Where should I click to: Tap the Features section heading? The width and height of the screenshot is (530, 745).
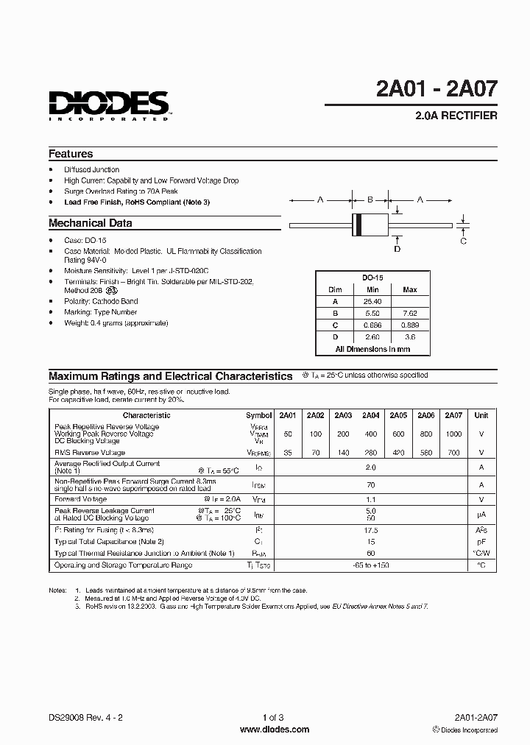pos(71,154)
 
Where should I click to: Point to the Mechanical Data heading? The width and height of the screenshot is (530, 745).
pos(90,222)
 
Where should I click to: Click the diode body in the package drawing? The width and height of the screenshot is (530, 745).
pos(370,224)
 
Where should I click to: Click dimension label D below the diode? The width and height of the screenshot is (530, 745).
pos(397,249)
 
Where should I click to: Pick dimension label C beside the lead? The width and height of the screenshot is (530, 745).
pos(463,240)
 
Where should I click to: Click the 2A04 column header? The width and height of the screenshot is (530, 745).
pos(371,415)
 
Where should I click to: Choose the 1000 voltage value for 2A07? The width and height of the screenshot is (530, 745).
pos(453,434)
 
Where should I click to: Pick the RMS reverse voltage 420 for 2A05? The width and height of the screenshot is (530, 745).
pos(398,453)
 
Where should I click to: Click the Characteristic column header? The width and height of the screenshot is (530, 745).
pos(146,415)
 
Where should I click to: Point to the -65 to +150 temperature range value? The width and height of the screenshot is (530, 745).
pos(371,565)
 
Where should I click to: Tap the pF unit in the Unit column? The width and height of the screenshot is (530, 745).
pos(481,541)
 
